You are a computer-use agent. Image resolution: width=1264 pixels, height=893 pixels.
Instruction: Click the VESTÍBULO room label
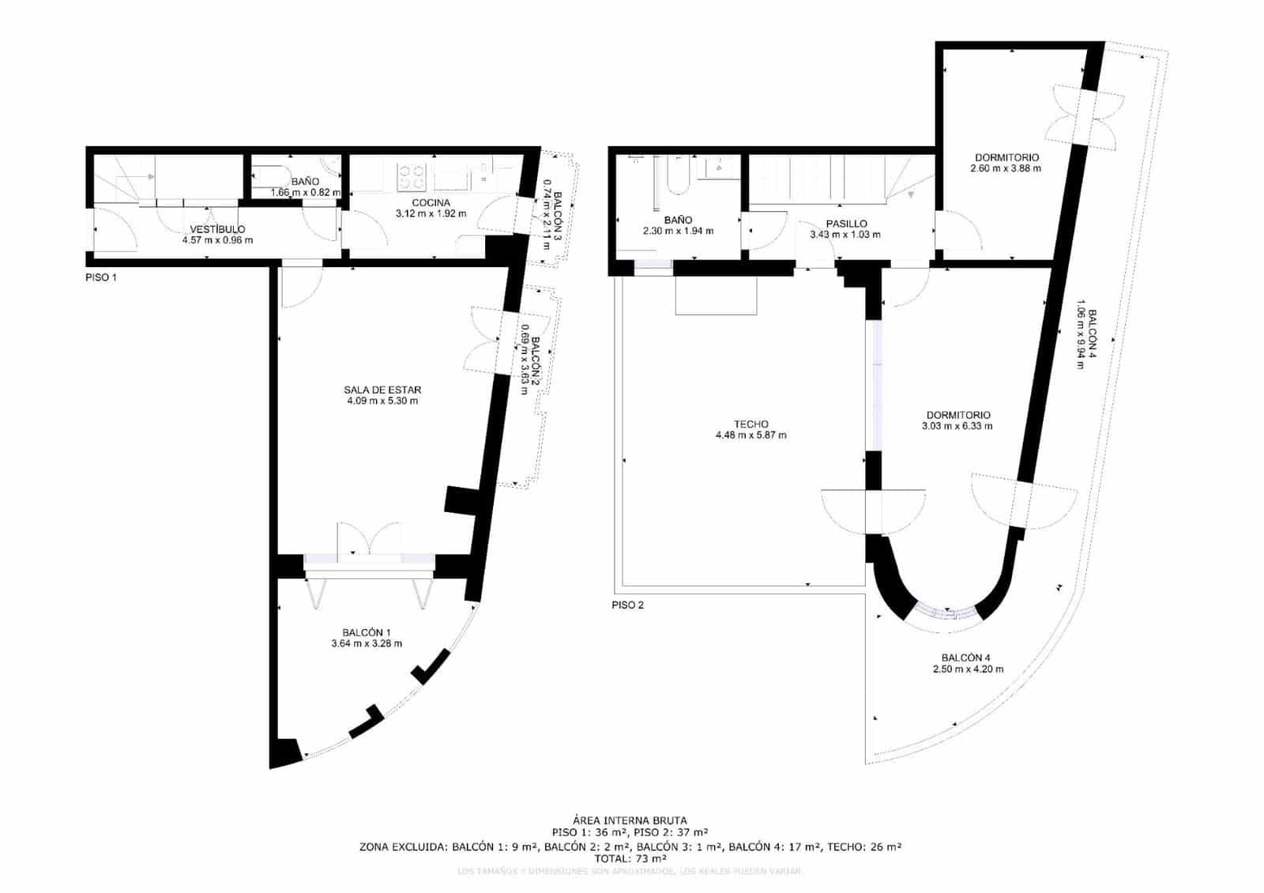(x=217, y=229)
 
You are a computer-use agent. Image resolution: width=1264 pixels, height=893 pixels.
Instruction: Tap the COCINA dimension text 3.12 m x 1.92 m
(x=431, y=213)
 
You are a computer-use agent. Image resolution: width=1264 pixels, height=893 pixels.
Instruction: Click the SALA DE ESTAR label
(x=382, y=390)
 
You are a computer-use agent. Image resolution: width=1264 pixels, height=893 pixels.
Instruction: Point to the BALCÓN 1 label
(x=367, y=632)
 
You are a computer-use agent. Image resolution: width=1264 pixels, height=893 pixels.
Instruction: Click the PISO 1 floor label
(x=101, y=278)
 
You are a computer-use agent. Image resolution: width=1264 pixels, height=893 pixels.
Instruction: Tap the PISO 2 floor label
(x=628, y=605)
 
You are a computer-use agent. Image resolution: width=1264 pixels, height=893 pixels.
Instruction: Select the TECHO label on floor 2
(x=750, y=424)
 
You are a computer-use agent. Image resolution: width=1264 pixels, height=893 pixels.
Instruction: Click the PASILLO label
(x=846, y=224)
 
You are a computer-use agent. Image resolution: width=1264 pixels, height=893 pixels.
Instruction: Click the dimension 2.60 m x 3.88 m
(x=1006, y=168)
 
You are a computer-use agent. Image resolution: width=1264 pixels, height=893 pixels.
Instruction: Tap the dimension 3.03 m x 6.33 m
(x=957, y=426)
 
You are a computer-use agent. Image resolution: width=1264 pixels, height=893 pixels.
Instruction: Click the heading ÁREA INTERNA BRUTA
(x=630, y=820)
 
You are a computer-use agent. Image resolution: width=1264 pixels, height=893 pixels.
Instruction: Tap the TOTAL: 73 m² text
(x=630, y=858)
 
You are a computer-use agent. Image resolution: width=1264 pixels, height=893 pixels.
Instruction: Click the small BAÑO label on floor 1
(x=305, y=182)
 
